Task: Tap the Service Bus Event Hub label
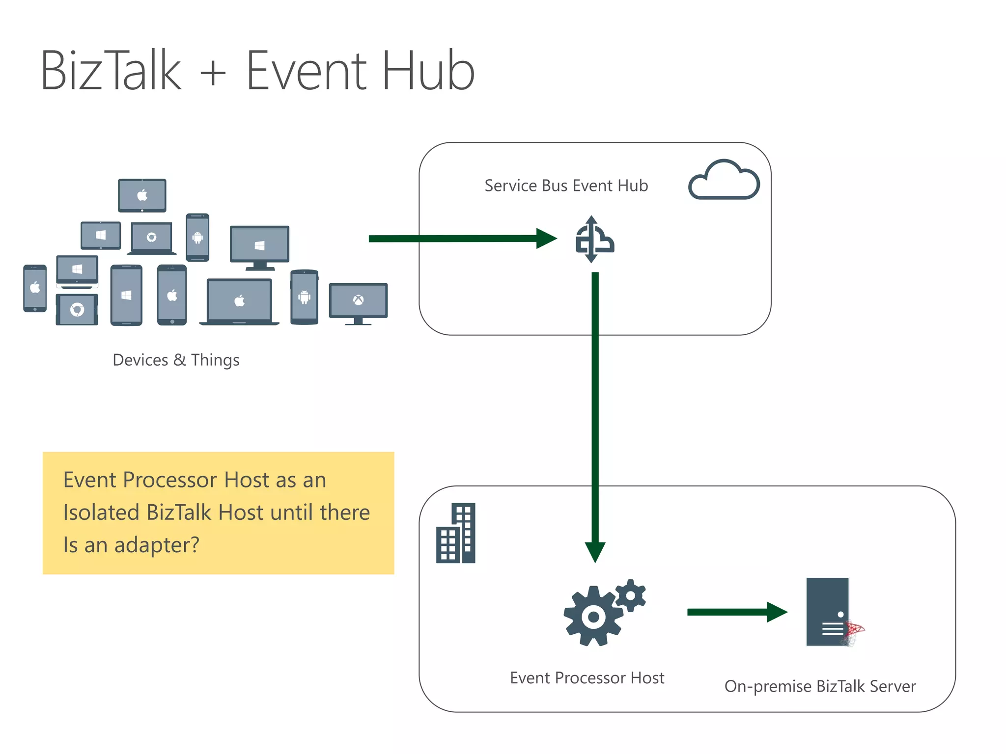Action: click(566, 186)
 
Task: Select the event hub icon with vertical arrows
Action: click(594, 240)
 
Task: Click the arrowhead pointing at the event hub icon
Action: click(546, 239)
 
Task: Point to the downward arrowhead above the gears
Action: click(595, 552)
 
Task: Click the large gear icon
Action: click(593, 617)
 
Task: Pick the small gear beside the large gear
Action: click(631, 595)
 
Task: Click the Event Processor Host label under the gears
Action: click(587, 678)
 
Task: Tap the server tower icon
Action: click(828, 612)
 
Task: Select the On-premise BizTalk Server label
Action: click(820, 686)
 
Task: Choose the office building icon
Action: click(456, 534)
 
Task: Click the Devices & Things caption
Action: click(176, 360)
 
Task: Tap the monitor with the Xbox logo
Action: click(358, 302)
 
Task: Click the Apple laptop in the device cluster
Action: click(239, 301)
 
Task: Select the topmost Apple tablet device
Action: click(142, 195)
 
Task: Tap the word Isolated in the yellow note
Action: click(101, 512)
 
